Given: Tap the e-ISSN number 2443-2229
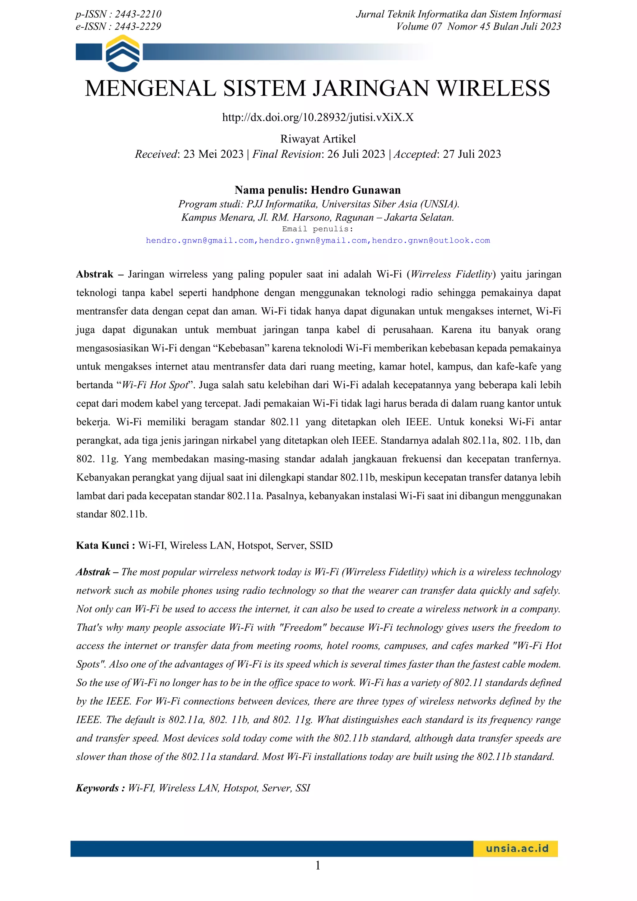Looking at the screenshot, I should [x=138, y=27].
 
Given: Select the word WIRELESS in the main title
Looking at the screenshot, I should [x=493, y=88].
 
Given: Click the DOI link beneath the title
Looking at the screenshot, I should [x=318, y=117].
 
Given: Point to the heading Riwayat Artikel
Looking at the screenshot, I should [x=318, y=139].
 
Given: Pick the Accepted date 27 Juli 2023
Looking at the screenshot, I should [x=472, y=154].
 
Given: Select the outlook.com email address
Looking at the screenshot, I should [x=431, y=240].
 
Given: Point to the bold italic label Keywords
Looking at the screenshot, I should [x=97, y=788].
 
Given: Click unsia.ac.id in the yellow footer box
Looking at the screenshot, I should [x=517, y=848].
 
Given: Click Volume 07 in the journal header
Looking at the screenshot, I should [x=419, y=27].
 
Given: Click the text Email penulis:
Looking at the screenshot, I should [x=318, y=229].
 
